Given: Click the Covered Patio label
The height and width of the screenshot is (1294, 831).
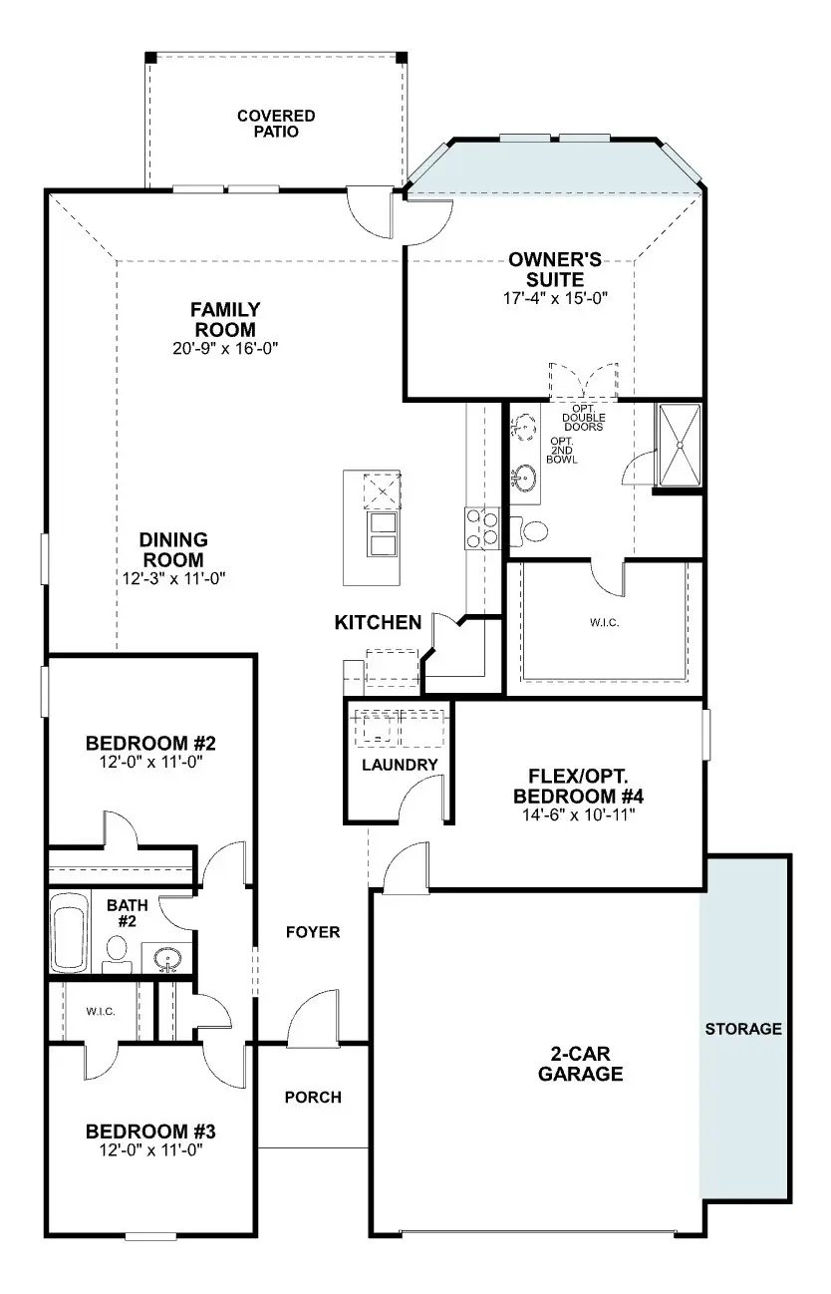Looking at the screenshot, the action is tap(276, 124).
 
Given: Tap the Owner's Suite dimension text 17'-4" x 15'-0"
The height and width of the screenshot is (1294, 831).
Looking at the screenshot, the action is tap(555, 298).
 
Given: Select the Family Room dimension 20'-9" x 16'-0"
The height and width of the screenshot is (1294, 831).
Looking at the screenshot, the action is tap(225, 348).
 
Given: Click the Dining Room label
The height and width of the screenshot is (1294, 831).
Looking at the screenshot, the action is tap(173, 549).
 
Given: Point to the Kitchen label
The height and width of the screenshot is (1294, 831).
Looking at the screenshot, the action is tap(379, 622).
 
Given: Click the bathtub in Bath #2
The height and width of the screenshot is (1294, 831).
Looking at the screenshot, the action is tap(70, 932).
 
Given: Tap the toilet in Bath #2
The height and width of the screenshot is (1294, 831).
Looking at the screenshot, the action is tap(117, 954).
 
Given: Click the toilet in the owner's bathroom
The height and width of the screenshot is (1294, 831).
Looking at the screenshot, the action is tap(529, 531).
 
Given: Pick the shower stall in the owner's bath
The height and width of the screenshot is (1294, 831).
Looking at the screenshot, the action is tap(680, 445).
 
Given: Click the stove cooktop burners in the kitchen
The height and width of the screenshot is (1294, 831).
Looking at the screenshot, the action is tap(482, 528).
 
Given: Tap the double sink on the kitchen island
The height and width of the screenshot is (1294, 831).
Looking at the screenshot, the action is tap(383, 533).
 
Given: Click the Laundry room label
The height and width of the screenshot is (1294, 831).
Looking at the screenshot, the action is tap(400, 765).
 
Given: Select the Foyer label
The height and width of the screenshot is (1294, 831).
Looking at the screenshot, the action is tap(313, 932).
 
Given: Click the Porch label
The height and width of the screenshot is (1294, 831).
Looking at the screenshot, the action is tap(313, 1097).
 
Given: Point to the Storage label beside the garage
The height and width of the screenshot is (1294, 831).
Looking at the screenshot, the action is tap(743, 1028).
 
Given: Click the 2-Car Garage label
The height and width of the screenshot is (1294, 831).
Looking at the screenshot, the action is tap(580, 1064).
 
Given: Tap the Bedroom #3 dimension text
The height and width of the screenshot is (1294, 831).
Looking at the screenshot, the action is tap(150, 1150).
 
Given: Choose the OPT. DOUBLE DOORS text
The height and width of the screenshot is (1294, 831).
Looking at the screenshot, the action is tap(584, 419).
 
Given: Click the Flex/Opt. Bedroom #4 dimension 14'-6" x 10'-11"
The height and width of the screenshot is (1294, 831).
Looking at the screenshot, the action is tap(578, 814).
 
